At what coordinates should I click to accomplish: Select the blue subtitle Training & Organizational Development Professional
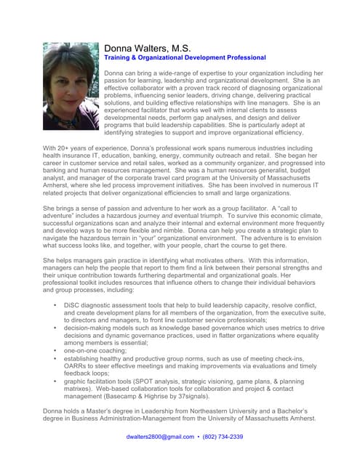[185, 57]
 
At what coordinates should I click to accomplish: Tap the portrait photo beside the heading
[71, 86]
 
